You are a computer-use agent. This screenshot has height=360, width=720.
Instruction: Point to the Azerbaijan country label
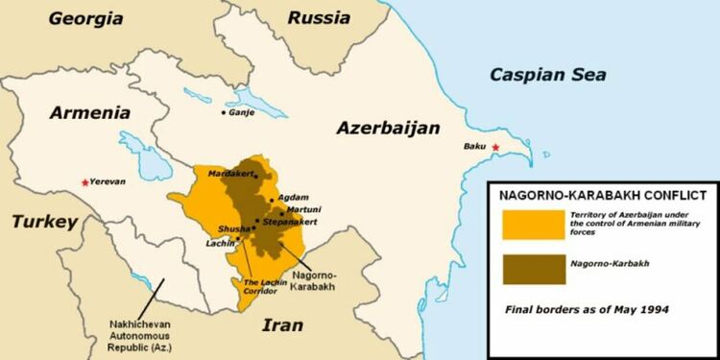point(388,128)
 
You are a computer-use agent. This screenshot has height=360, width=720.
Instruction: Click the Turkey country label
point(43,222)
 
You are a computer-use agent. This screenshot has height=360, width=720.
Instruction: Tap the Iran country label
point(283,324)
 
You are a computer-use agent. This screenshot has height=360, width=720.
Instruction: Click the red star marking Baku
point(496,147)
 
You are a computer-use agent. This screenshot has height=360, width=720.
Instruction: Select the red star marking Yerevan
point(84,181)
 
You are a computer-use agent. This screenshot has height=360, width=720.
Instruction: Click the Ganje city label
point(244,112)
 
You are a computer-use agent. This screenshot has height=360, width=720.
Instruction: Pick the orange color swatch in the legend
point(531,223)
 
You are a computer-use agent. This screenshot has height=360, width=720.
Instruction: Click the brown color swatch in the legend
point(531,269)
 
